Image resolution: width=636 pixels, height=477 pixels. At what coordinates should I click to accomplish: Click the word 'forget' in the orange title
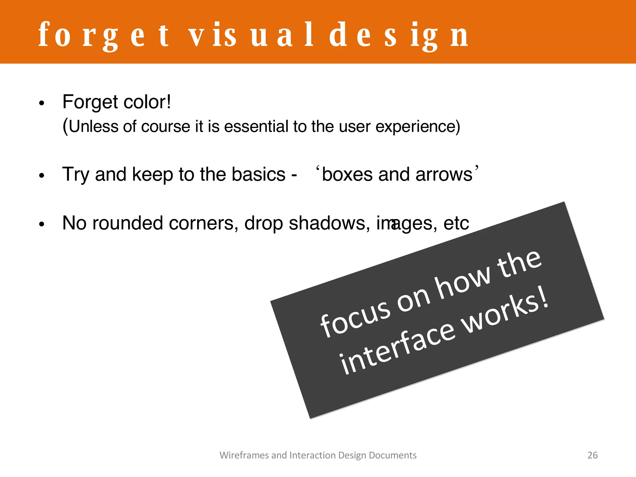pyautogui.click(x=104, y=36)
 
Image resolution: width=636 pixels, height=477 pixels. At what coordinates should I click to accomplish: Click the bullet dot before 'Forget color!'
pyautogui.click(x=42, y=103)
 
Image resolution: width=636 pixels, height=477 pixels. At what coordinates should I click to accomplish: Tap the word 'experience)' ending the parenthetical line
pyautogui.click(x=418, y=127)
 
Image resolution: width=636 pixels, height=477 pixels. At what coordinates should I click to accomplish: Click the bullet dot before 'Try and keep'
pyautogui.click(x=42, y=176)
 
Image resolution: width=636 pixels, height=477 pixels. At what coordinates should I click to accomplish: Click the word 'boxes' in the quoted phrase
pyautogui.click(x=347, y=175)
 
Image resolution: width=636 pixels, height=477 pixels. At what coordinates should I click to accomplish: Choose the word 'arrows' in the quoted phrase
pyautogui.click(x=444, y=175)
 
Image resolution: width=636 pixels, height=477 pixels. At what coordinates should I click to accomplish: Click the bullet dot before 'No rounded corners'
pyautogui.click(x=42, y=224)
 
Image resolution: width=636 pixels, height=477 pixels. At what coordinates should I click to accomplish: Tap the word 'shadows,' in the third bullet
pyautogui.click(x=329, y=223)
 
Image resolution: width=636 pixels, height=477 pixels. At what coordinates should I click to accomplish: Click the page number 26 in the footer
pyautogui.click(x=592, y=455)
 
